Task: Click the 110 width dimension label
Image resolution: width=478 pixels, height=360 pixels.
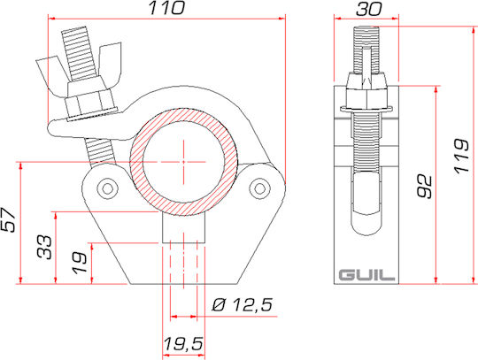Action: (166, 8)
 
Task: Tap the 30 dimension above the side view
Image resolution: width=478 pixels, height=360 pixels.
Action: (368, 10)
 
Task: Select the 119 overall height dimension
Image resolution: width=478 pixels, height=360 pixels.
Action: (461, 157)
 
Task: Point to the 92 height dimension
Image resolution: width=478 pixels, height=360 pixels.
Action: (425, 187)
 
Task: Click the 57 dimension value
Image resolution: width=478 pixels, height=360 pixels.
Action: (8, 220)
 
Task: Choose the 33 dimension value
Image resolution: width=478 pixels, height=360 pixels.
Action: (44, 247)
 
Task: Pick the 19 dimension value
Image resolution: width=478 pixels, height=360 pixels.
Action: (80, 263)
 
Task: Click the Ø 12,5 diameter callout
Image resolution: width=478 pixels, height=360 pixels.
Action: (243, 304)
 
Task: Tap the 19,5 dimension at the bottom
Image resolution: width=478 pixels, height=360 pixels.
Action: (183, 344)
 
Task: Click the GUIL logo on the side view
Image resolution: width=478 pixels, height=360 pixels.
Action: (366, 275)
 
